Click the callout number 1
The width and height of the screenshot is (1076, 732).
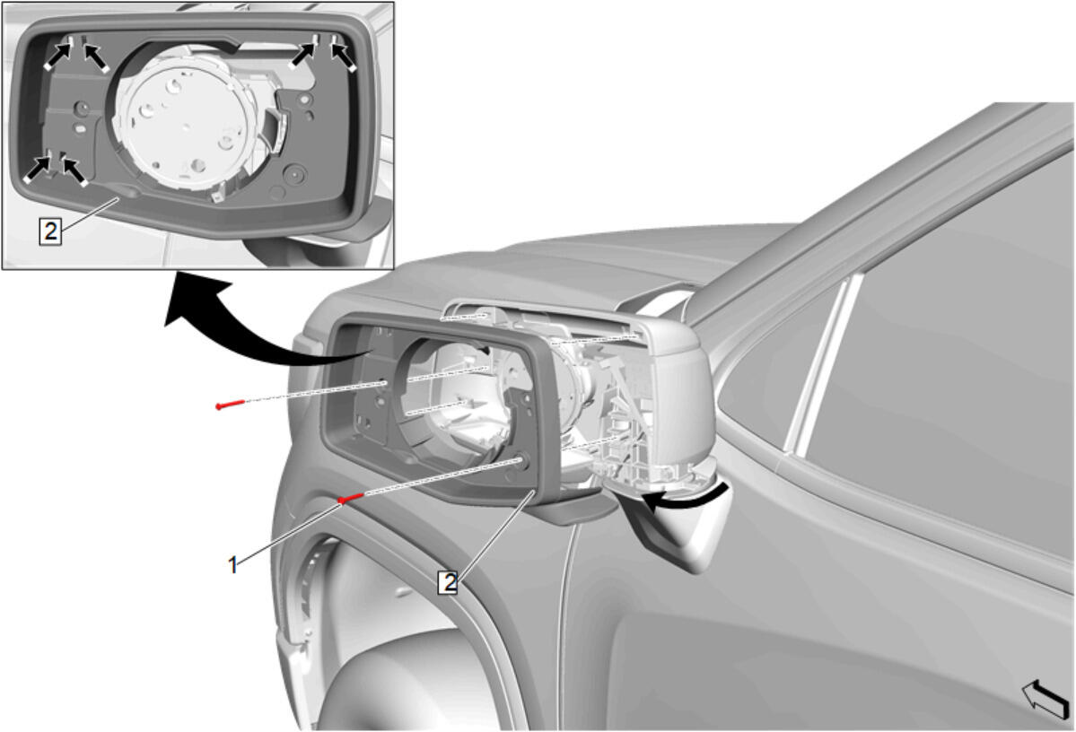click(232, 565)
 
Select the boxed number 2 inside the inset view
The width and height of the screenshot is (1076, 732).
click(50, 231)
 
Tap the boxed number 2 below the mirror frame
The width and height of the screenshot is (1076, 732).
click(449, 582)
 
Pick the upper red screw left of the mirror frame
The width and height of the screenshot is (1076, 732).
click(230, 404)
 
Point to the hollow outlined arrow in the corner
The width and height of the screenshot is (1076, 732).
click(1045, 698)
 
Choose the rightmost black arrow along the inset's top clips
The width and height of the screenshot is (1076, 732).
click(344, 55)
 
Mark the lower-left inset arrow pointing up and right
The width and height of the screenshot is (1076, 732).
click(38, 169)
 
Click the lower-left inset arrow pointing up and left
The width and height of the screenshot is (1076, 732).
click(74, 170)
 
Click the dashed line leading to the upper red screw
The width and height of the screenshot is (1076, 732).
click(316, 393)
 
